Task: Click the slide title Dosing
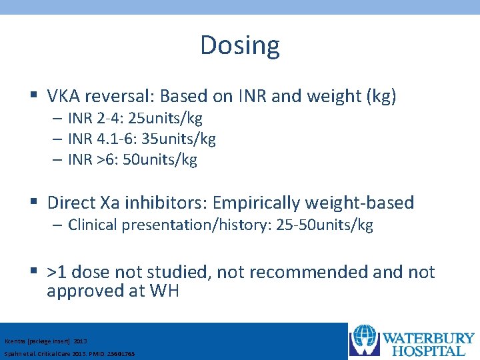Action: pyautogui.click(x=240, y=45)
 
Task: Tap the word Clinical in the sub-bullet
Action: pyautogui.click(x=93, y=225)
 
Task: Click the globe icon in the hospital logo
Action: pyautogui.click(x=365, y=340)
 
